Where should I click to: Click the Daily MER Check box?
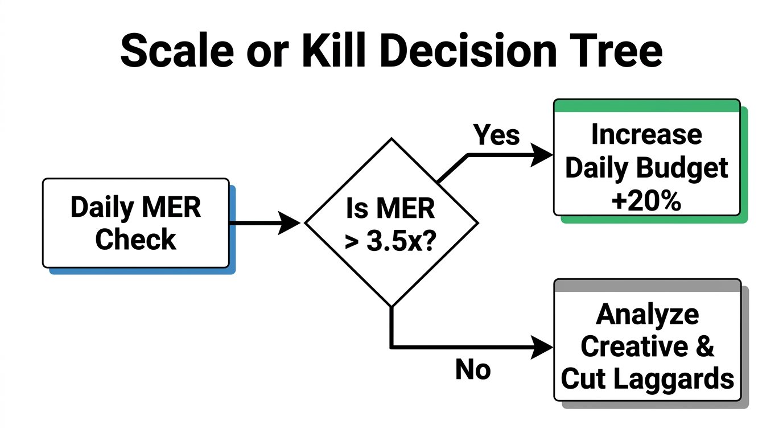click(x=135, y=223)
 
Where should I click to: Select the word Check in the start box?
click(x=135, y=240)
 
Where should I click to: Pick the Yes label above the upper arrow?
click(x=496, y=135)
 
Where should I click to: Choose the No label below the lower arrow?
click(x=473, y=370)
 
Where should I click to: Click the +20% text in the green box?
click(x=646, y=201)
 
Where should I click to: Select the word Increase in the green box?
click(x=646, y=135)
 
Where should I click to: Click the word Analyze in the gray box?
click(x=648, y=314)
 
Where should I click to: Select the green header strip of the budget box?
click(x=646, y=106)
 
